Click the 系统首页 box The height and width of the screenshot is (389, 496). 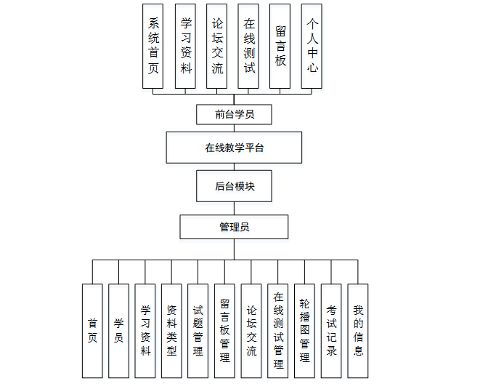click(x=153, y=46)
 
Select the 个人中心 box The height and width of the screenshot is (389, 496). click(x=312, y=46)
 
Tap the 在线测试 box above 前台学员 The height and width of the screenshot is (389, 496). click(x=249, y=46)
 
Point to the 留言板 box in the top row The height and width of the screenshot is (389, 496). click(x=280, y=46)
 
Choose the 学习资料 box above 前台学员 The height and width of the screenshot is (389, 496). click(x=186, y=46)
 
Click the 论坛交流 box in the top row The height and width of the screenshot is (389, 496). click(x=217, y=46)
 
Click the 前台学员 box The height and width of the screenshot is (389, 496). click(x=235, y=114)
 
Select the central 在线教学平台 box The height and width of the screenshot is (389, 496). click(x=234, y=148)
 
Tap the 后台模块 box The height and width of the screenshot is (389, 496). click(x=235, y=186)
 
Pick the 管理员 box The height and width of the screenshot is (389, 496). click(x=234, y=227)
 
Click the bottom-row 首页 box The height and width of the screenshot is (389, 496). click(x=92, y=331)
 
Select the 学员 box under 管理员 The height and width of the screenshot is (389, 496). click(x=118, y=331)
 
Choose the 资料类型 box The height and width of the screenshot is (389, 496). click(x=171, y=331)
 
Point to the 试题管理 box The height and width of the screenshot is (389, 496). click(x=198, y=331)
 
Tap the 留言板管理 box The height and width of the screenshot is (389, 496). click(x=224, y=331)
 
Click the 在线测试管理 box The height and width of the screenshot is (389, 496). click(x=277, y=331)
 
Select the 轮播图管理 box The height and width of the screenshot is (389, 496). click(x=304, y=331)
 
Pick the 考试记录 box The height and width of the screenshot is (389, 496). click(x=331, y=331)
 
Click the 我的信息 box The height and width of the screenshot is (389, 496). click(x=357, y=331)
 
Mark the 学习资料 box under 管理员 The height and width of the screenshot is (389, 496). click(x=145, y=331)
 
